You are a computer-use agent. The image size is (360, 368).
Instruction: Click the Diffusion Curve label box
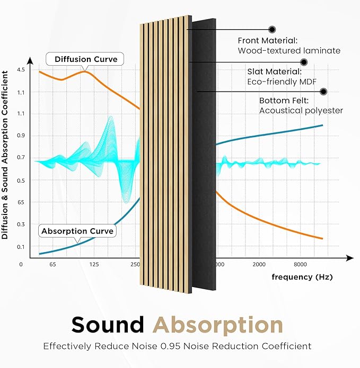(85, 58)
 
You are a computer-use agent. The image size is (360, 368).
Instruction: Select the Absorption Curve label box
(77, 231)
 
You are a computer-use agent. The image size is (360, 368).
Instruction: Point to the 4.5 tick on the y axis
(21, 70)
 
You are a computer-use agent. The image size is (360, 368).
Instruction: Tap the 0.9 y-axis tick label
(21, 136)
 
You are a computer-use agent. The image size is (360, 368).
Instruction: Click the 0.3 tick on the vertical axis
(21, 225)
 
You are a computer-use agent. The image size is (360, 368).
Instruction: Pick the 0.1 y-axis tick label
(21, 247)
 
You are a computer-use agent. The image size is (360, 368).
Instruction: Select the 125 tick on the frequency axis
(94, 264)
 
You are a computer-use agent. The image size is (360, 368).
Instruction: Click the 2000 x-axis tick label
(259, 264)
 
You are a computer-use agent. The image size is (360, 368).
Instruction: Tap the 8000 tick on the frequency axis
(300, 264)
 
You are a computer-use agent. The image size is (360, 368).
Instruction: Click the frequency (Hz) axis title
(302, 277)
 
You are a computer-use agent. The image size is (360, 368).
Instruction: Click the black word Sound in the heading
(108, 325)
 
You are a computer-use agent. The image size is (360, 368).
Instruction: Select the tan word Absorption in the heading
(217, 325)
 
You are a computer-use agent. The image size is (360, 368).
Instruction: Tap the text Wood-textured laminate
(289, 51)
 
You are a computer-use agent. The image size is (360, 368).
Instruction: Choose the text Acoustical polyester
(301, 110)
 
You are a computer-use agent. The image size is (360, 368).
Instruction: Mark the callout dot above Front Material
(272, 29)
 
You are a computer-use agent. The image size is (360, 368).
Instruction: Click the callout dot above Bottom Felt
(323, 92)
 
